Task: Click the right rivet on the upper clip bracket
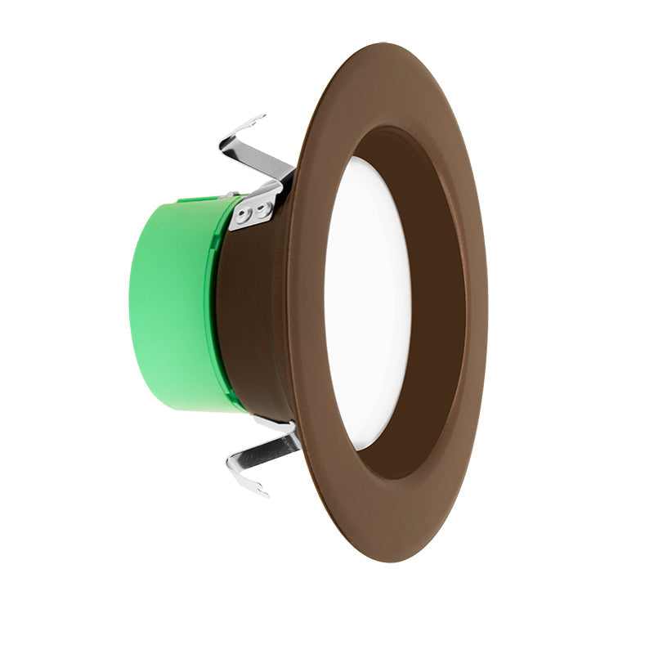[262, 209]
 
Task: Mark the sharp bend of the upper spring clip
[223, 145]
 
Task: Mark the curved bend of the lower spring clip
[231, 466]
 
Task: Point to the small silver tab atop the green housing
[229, 195]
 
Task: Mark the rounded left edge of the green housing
[132, 302]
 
